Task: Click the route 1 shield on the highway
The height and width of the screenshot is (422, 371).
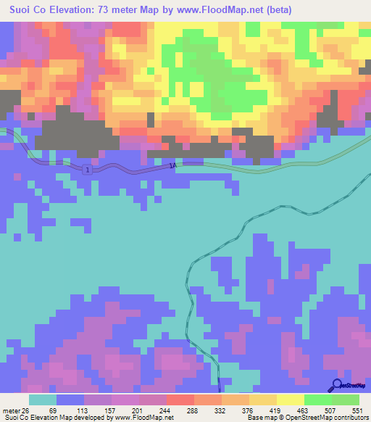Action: click(88, 169)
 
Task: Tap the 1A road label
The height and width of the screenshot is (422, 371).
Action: click(172, 166)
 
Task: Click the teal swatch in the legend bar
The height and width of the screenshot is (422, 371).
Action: click(43, 400)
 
